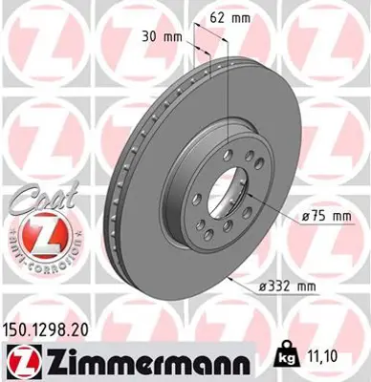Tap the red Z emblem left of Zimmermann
tap(19, 360)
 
